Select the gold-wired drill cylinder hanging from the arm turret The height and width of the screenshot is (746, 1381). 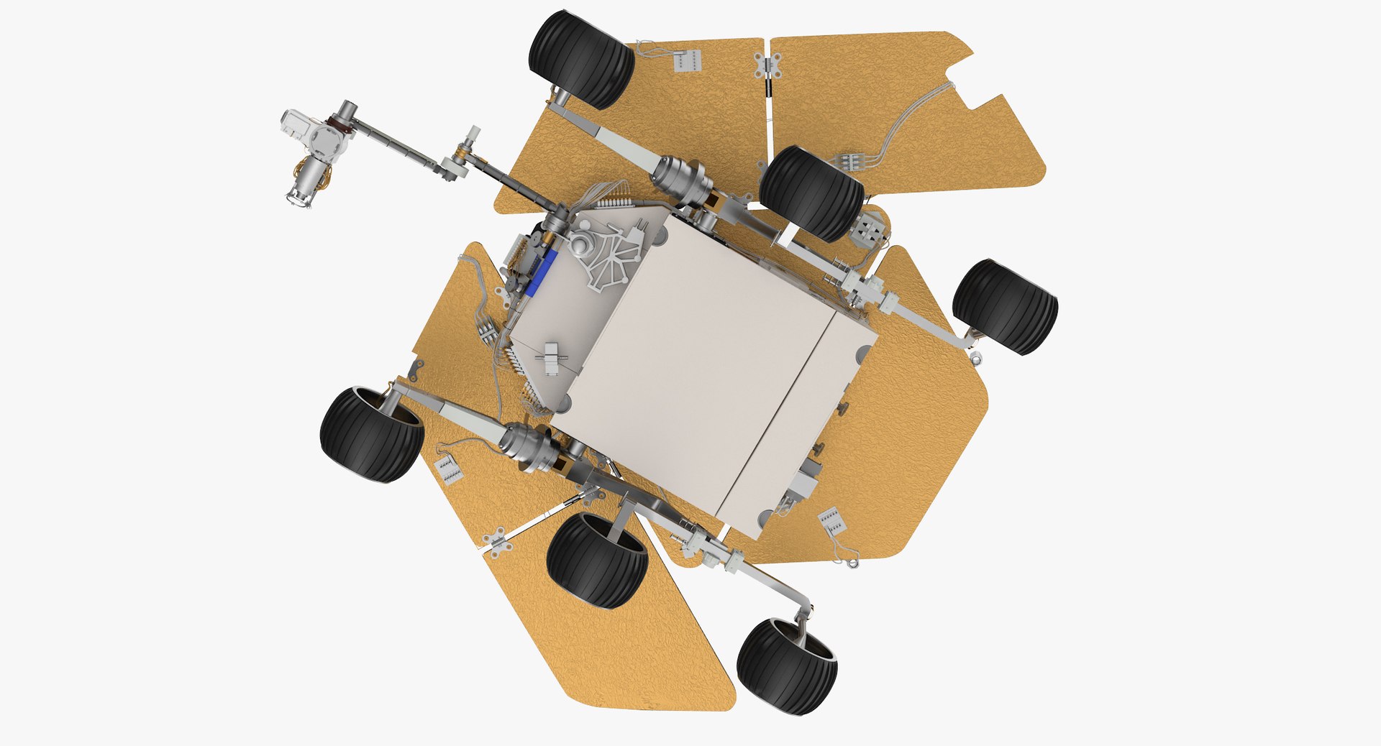(x=306, y=180)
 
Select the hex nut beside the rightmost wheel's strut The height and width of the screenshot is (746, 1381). (x=976, y=357)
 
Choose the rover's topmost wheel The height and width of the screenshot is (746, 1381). (x=581, y=59)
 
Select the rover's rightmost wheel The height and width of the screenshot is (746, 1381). (x=1005, y=307)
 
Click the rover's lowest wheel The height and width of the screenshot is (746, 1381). (x=786, y=667)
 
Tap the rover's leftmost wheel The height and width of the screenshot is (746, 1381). (x=371, y=435)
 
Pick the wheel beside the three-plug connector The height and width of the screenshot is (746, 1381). (x=811, y=193)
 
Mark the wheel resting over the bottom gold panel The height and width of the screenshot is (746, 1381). (x=597, y=561)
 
